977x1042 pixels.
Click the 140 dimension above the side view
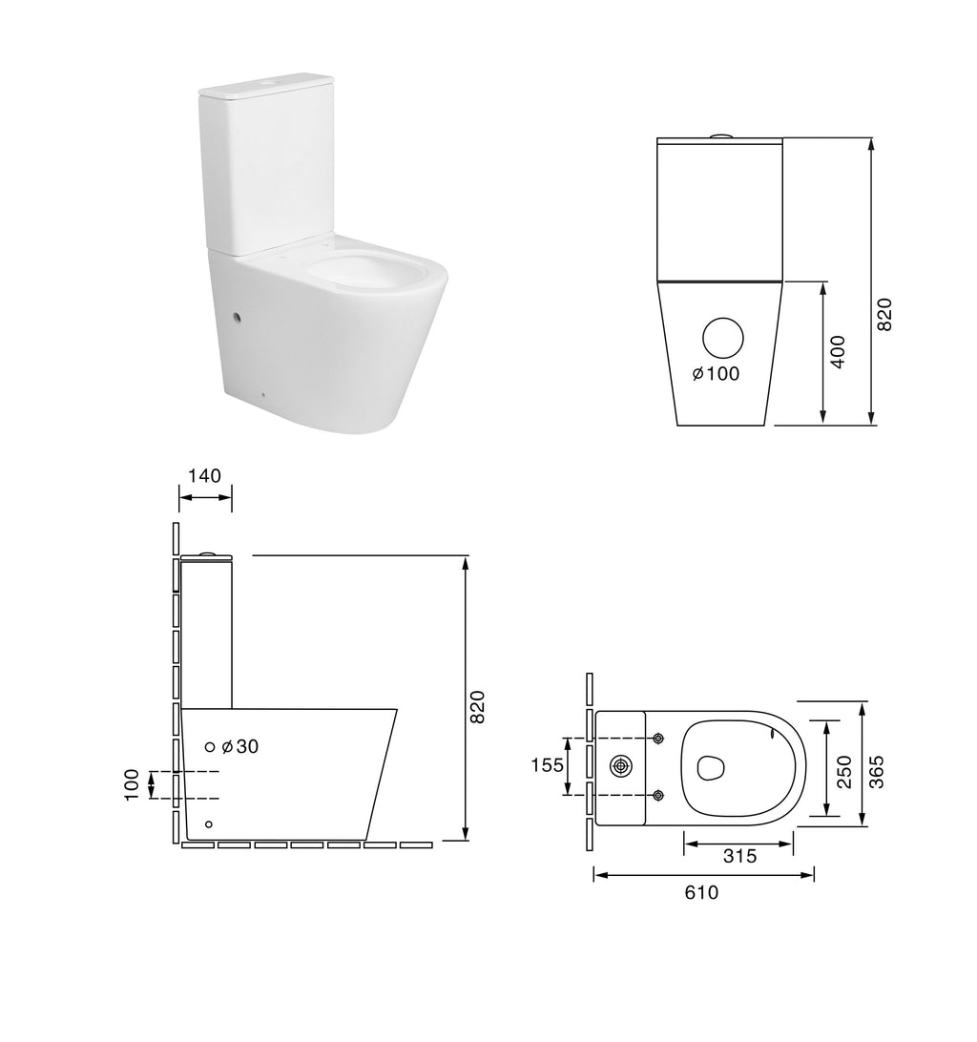coord(205,475)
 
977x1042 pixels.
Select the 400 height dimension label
coord(838,353)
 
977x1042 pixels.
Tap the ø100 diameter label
coord(717,374)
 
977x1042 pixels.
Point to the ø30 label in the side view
coord(239,747)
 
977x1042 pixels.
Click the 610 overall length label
coord(701,893)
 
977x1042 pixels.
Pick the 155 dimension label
coord(546,766)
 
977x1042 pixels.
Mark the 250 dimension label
coord(843,770)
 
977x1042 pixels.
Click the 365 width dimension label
coord(877,770)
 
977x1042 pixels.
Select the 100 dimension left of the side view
coord(133,783)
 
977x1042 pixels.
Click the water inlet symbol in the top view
coord(621,765)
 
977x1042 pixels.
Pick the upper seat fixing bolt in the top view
coord(658,739)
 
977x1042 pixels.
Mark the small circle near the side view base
coord(209,823)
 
